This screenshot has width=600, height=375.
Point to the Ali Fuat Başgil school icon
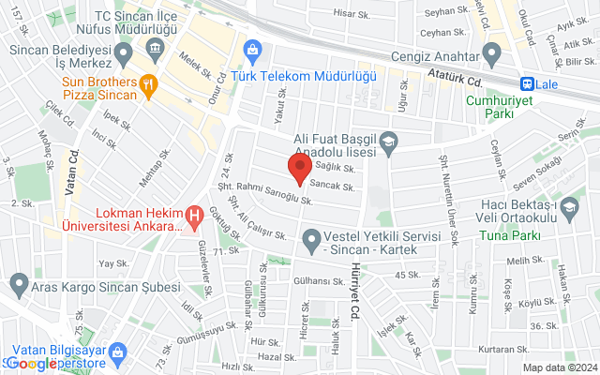(x=388, y=142)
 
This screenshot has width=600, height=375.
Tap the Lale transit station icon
(x=528, y=82)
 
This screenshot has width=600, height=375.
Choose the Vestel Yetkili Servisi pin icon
(x=311, y=245)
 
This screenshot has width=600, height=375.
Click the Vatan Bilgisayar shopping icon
(x=117, y=352)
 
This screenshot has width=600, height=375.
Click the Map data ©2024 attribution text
(x=559, y=367)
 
